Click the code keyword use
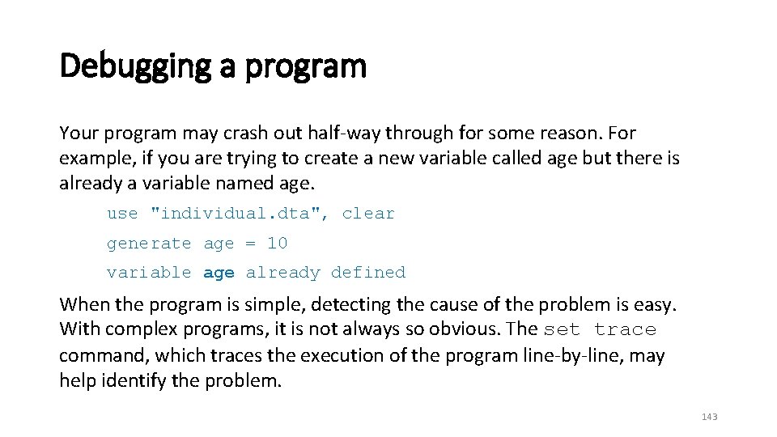(x=122, y=214)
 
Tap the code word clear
(x=368, y=214)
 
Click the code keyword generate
(x=149, y=243)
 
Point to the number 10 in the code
(x=277, y=243)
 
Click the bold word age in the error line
(x=219, y=273)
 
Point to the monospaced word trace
(x=625, y=329)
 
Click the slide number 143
(x=710, y=417)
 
